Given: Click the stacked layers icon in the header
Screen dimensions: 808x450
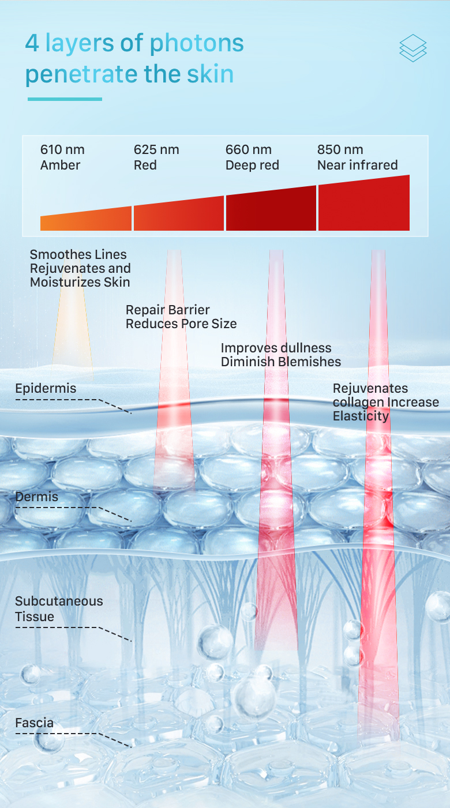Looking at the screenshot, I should tap(412, 48).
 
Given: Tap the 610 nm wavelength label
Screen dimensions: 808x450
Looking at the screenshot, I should tap(62, 149).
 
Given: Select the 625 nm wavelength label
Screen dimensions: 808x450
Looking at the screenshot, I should tap(156, 149).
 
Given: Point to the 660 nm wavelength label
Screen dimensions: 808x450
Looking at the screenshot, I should tap(248, 149).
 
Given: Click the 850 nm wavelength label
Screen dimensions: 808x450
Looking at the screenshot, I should tap(340, 149).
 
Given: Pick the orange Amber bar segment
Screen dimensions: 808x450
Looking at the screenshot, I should tap(86, 220).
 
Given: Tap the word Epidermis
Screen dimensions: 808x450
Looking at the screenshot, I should tap(46, 388).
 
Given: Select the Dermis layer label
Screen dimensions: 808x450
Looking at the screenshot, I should tap(37, 496).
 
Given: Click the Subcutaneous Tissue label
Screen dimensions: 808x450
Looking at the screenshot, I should tap(59, 608).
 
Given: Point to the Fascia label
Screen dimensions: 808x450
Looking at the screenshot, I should tap(35, 722).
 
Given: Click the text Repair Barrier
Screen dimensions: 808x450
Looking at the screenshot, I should tap(168, 310).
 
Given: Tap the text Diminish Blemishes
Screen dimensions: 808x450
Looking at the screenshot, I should tap(281, 362).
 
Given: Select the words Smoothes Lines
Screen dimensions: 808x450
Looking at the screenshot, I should tap(78, 254).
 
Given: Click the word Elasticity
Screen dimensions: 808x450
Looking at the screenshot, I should tap(361, 416).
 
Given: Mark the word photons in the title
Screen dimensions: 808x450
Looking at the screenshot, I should tap(197, 43).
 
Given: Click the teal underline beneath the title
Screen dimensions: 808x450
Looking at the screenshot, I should tap(65, 99).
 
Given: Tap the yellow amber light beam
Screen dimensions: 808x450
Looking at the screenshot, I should tap(73, 329).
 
